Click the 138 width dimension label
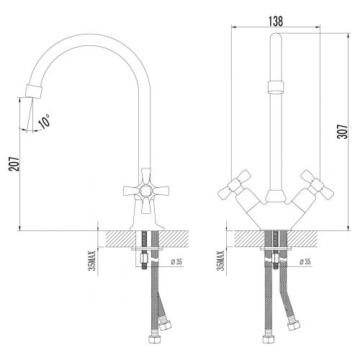click(x=276, y=21)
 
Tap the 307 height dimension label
click(x=343, y=131)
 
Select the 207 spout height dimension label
click(x=14, y=164)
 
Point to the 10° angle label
click(x=44, y=121)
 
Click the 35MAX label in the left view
click(x=92, y=261)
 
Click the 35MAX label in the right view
click(x=220, y=261)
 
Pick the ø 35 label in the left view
click(x=176, y=262)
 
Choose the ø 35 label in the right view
click(x=305, y=261)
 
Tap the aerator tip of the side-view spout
click(x=35, y=91)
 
